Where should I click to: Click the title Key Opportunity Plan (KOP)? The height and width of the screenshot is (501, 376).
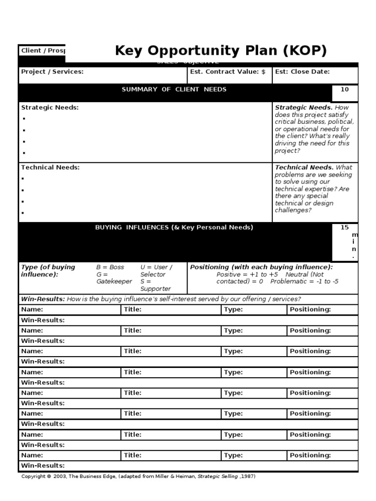(x=220, y=51)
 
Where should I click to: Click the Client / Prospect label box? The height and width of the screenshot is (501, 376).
(x=43, y=51)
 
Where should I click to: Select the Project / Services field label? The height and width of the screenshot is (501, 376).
(x=52, y=72)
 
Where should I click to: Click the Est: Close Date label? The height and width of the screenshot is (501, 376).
(x=302, y=72)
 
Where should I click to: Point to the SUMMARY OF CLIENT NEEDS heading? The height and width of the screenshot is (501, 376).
(x=174, y=90)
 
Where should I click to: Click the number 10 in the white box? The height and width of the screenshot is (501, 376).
(x=345, y=90)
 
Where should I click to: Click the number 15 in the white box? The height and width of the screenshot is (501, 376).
(x=345, y=228)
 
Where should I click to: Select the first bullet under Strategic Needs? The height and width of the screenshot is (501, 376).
(x=23, y=119)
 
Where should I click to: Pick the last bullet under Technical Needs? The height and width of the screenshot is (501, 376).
(x=23, y=213)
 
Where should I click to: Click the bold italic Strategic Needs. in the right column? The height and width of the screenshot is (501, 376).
(x=304, y=108)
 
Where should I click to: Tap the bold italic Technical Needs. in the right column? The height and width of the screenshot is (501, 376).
(x=304, y=167)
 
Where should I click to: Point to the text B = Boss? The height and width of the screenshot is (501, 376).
(x=110, y=267)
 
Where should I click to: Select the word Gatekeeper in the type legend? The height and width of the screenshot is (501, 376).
(x=114, y=282)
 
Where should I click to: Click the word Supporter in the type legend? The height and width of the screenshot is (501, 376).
(x=156, y=289)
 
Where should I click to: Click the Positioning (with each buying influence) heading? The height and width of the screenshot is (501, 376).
(x=261, y=267)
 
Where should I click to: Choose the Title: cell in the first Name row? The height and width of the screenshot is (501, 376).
(x=133, y=309)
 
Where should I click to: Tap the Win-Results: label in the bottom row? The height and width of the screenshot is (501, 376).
(x=43, y=466)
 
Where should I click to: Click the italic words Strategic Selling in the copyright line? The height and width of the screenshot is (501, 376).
(x=218, y=477)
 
